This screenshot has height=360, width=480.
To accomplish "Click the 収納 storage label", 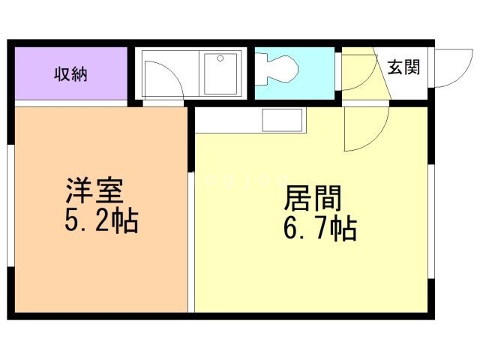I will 70,73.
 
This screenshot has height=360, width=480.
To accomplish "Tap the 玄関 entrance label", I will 403,67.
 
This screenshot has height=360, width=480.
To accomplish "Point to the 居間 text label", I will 313,199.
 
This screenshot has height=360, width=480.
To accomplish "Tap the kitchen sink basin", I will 282,119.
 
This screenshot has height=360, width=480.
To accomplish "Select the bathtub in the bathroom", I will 222,73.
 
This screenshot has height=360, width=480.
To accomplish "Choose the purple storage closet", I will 70,73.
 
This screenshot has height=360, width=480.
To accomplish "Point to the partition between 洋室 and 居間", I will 190,225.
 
